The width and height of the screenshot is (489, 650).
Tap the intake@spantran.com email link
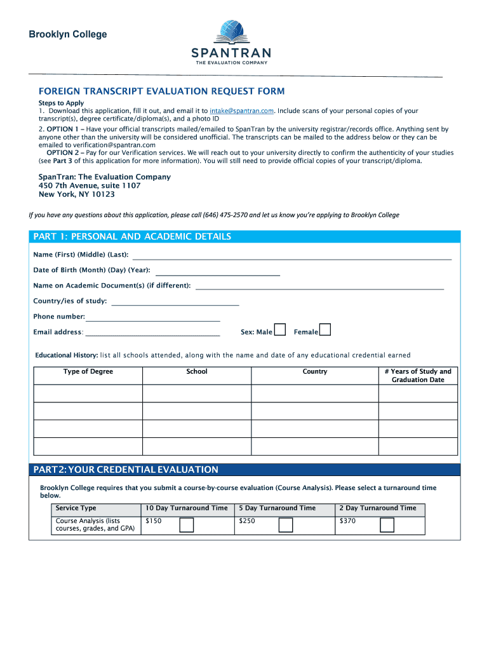241,111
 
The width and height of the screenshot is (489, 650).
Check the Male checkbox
280,330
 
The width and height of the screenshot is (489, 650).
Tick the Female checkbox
325,330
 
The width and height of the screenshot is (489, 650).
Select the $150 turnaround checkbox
187,525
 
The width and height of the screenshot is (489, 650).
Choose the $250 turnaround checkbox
286,525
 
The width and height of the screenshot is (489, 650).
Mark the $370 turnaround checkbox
387,525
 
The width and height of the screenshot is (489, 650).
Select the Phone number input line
152,319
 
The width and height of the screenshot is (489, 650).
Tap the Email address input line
152,334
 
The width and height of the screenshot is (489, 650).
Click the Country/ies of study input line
175,304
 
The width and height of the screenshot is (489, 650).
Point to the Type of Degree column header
88,372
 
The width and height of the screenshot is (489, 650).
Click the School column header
197,372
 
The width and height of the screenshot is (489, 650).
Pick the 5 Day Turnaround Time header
277,508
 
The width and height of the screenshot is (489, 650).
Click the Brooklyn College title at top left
68,35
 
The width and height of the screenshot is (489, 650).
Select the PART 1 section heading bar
245,237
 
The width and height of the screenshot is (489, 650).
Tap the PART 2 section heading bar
245,470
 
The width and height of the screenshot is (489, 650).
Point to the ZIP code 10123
104,195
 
